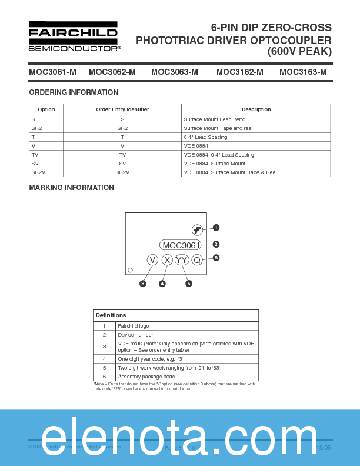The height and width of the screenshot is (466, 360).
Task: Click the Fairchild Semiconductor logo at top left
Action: click(74, 36)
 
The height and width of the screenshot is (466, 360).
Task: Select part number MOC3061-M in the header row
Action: click(52, 72)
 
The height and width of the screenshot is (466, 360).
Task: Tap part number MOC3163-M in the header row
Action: click(303, 72)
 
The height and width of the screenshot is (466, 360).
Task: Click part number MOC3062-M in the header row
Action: click(112, 72)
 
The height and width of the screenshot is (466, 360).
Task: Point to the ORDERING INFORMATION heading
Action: click(74, 92)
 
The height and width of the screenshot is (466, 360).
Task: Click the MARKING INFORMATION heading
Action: click(71, 188)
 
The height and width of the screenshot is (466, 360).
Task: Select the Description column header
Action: click(256, 109)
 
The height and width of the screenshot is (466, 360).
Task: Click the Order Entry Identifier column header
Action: click(122, 109)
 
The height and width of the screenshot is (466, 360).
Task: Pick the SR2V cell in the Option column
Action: click(39, 172)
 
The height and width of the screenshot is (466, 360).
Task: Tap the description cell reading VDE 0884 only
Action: click(196, 146)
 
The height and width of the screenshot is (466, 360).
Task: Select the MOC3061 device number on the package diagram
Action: click(181, 245)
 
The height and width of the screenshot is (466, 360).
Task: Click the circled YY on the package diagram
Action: click(182, 260)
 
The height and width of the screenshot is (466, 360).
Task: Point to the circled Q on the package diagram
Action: click(197, 260)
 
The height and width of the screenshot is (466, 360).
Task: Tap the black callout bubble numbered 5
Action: click(189, 284)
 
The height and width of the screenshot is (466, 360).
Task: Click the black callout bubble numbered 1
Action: click(216, 228)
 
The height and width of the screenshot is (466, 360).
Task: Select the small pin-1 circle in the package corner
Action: click(131, 270)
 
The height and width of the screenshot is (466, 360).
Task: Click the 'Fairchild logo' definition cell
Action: click(134, 326)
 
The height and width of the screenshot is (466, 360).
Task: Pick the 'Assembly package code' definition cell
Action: click(146, 377)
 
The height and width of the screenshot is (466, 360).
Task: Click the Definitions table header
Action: click(111, 315)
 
